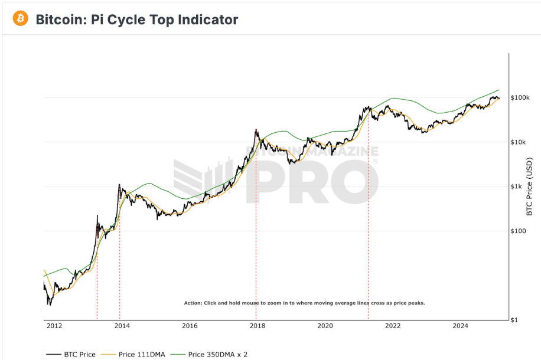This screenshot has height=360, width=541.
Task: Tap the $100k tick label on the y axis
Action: pyautogui.click(x=520, y=97)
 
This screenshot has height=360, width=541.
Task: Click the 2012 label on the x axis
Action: pyautogui.click(x=54, y=326)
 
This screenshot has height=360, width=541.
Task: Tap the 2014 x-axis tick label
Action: pyautogui.click(x=122, y=326)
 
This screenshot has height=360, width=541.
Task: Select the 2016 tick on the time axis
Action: pyautogui.click(x=190, y=326)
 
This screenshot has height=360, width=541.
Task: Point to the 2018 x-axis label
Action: pyautogui.click(x=257, y=326)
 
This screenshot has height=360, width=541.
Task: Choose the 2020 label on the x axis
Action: pyautogui.click(x=325, y=326)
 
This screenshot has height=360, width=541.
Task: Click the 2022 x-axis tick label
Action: pyautogui.click(x=393, y=326)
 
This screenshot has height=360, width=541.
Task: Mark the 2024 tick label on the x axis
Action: pyautogui.click(x=460, y=326)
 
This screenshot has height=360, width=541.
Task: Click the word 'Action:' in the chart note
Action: pyautogui.click(x=193, y=303)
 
